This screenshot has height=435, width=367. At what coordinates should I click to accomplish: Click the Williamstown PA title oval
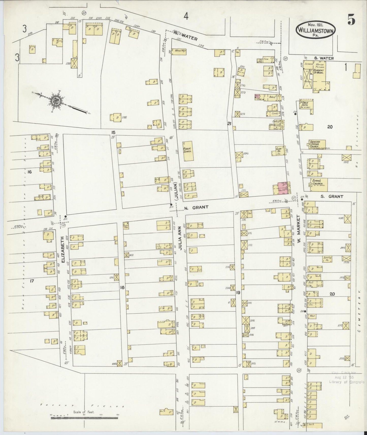315,29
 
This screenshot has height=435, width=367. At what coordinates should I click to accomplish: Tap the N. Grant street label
196,207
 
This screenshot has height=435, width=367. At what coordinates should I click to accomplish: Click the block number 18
122,287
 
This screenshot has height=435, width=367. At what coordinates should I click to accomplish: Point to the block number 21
229,124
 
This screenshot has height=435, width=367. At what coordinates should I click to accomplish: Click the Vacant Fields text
83,406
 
